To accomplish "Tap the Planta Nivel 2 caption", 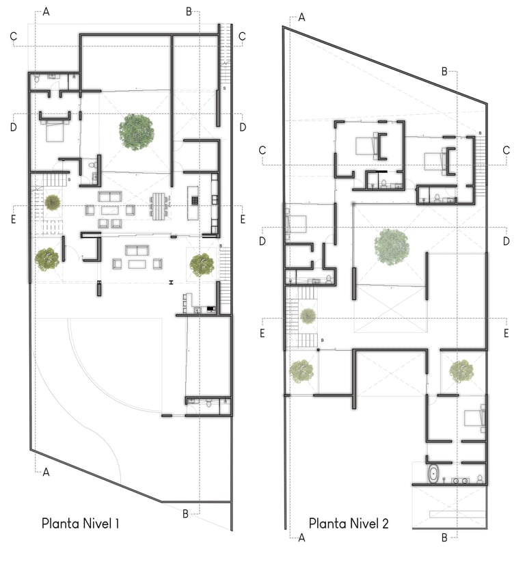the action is click(x=349, y=524).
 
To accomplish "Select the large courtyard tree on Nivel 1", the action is click(x=137, y=131).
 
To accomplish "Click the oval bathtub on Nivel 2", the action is click(x=433, y=474).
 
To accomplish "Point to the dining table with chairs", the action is click(x=160, y=204).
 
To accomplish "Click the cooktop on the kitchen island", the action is click(x=194, y=200).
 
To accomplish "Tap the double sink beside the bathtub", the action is click(x=461, y=480).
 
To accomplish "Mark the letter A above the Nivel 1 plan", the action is click(x=46, y=12).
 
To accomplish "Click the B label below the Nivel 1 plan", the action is click(x=185, y=513).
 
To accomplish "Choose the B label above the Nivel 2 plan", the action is click(x=444, y=71).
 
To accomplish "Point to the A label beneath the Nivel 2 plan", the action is click(x=301, y=538).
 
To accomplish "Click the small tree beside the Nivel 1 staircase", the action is click(x=53, y=202).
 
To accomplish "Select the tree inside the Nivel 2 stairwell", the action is click(x=308, y=316).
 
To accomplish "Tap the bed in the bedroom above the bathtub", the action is click(x=474, y=416).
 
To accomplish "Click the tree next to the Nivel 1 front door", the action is click(x=46, y=258).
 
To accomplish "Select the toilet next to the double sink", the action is click(x=480, y=479).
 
